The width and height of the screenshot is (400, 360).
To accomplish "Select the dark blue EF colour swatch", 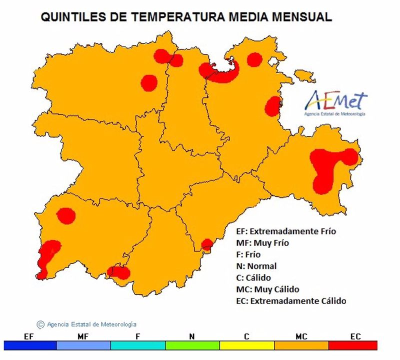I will point(29,345).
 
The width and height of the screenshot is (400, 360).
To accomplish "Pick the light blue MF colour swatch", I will point(83,345).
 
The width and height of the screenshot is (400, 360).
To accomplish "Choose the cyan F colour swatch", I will point(137,345).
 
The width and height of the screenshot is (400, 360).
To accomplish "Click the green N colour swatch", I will point(192,345).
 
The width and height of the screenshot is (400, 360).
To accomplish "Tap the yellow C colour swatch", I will point(246,345).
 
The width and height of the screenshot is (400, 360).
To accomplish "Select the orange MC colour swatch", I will point(301,345).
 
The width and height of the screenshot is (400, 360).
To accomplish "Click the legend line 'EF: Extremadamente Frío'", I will point(285,231).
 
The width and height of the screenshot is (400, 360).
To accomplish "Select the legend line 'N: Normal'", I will point(256,266).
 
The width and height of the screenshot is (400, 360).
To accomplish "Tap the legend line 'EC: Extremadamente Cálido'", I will point(290,301).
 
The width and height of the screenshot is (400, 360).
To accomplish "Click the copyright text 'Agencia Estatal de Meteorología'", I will point(91,324).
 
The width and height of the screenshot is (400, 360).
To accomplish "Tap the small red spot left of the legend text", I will point(206,244).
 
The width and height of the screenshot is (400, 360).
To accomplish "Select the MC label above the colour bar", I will point(301,337).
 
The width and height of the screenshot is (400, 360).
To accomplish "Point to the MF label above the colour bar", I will point(83,337).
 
